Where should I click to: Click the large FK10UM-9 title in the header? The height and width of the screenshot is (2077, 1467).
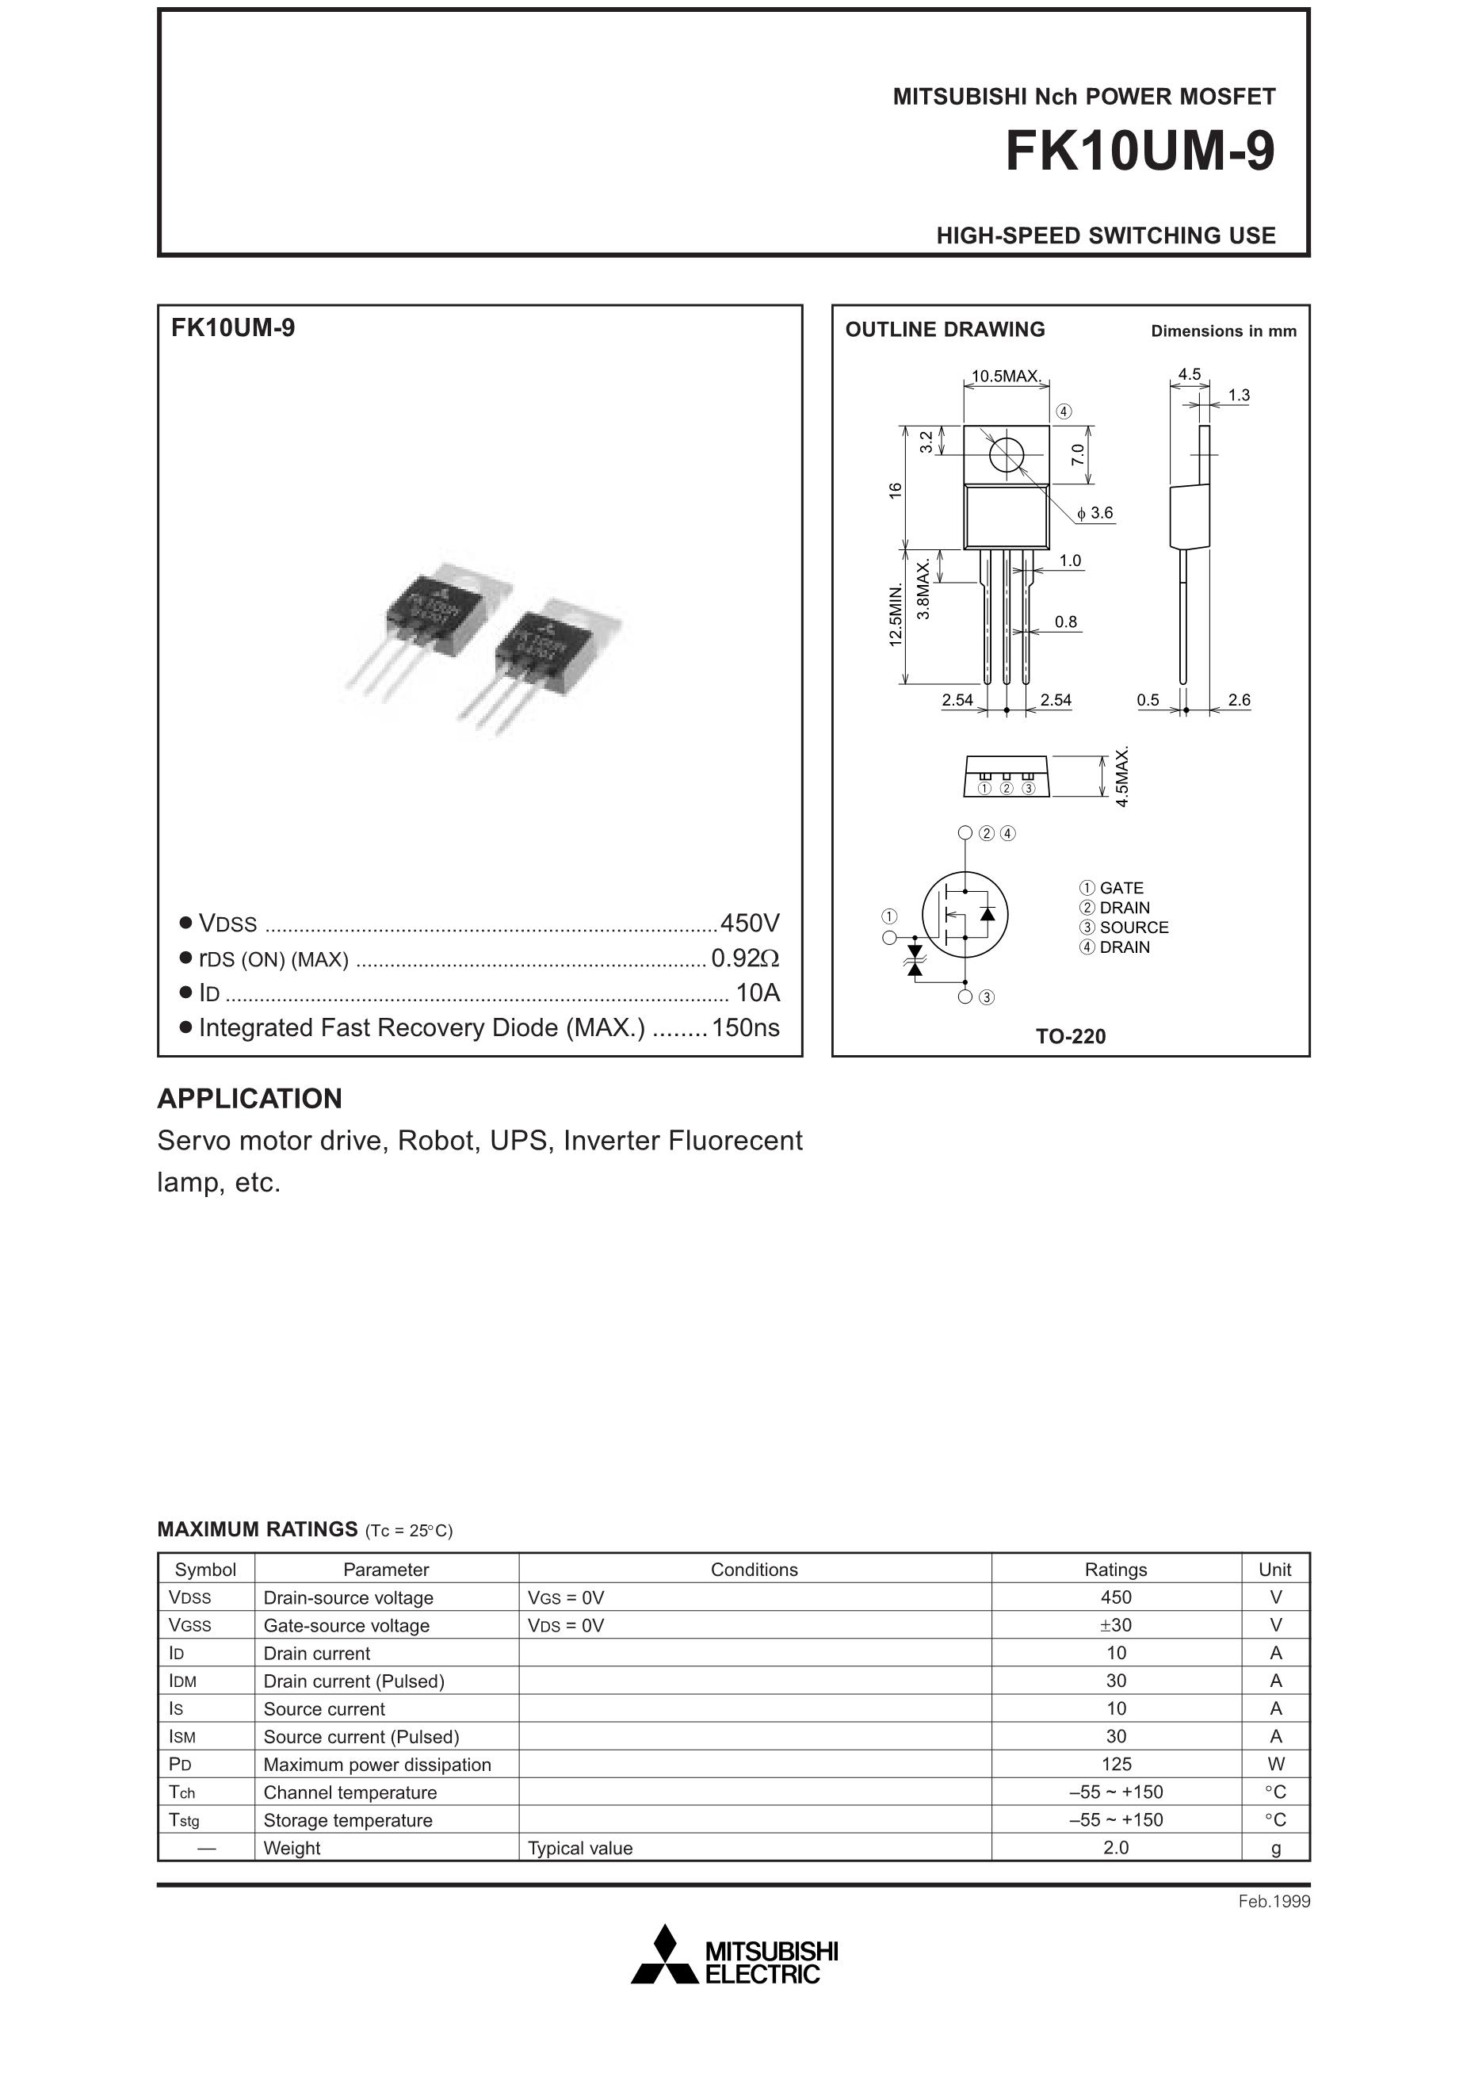click(1140, 151)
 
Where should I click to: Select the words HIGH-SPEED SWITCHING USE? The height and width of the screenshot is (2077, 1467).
click(1106, 236)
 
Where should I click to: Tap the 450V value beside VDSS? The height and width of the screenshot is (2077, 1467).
click(750, 923)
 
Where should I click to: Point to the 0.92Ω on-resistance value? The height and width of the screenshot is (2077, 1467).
click(745, 958)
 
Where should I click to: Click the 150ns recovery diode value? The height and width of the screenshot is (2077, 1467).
click(745, 1027)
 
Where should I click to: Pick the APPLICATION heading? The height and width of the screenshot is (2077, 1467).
click(250, 1098)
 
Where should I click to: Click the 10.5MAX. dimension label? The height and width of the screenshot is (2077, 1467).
click(1007, 377)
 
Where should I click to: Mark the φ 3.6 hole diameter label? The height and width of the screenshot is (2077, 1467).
click(1095, 513)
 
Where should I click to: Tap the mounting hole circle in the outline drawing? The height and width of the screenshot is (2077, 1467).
click(1007, 454)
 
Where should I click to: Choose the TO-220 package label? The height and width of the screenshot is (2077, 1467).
click(1071, 1037)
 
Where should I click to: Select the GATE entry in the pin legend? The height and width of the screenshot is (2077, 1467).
click(1121, 889)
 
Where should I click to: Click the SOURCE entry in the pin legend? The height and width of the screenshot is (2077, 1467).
click(1133, 928)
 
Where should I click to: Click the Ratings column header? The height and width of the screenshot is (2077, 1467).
click(1115, 1570)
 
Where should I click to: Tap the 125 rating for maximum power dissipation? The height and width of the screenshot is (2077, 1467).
click(1116, 1764)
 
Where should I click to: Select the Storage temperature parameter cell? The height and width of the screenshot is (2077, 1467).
click(347, 1820)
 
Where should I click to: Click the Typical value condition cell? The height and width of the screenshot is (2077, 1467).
click(579, 1848)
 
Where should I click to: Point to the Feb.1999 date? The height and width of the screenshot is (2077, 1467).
click(1274, 1902)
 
